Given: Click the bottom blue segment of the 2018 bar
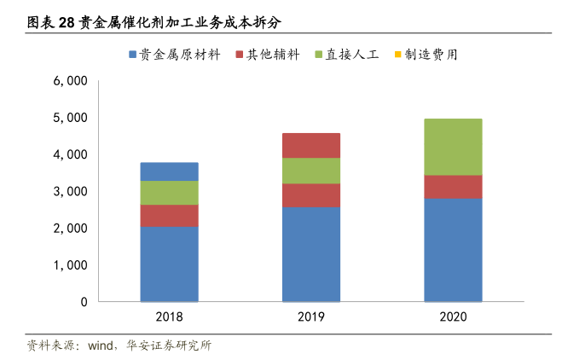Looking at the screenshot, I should pyautogui.click(x=169, y=264).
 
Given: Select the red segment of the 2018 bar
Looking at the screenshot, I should pyautogui.click(x=169, y=215).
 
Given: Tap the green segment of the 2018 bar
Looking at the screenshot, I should pyautogui.click(x=169, y=193).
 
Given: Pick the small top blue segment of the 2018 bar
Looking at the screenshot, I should pyautogui.click(x=169, y=171).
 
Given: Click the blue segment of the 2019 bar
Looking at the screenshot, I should pyautogui.click(x=310, y=254).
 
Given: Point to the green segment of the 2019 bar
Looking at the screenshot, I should pyautogui.click(x=310, y=171).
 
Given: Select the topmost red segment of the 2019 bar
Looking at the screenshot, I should pyautogui.click(x=310, y=145).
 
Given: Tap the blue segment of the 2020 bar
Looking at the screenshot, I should pyautogui.click(x=452, y=250).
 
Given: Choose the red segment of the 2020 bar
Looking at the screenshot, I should pyautogui.click(x=452, y=187).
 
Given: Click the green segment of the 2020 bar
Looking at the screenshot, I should pyautogui.click(x=452, y=147).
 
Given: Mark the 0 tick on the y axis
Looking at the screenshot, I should pyautogui.click(x=84, y=302).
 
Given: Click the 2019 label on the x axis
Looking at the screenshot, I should pyautogui.click(x=310, y=316).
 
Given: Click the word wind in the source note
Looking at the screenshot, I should pyautogui.click(x=101, y=345).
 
